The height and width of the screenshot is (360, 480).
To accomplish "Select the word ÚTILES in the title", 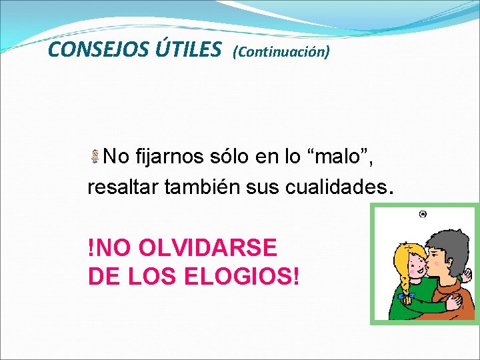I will click(x=189, y=49).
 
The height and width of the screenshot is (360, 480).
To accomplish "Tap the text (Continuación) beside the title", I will click(x=281, y=51).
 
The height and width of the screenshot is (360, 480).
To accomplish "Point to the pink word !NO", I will click(x=111, y=248).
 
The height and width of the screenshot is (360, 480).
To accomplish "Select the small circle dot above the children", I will click(x=423, y=215).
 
